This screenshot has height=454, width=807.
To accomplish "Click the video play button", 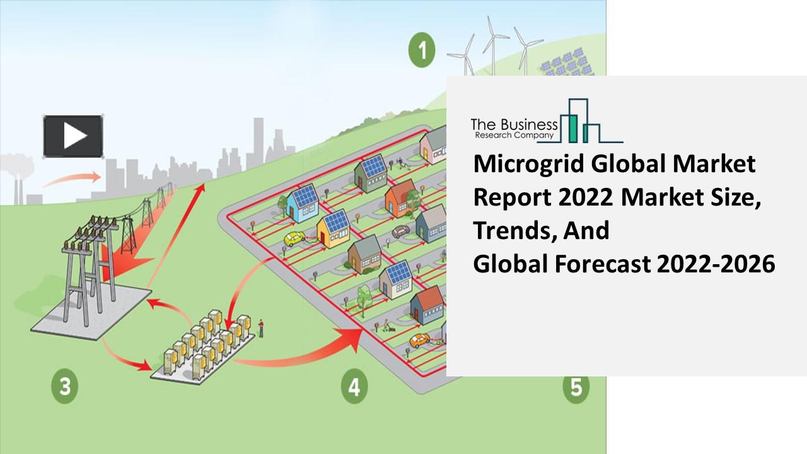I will click(73, 136).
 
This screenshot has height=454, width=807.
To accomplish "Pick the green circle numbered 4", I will click(354, 386).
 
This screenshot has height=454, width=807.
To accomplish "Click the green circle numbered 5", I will click(575, 386).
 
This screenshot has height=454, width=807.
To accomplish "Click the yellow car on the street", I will click(294, 239).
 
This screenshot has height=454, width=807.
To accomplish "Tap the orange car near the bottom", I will click(419, 340).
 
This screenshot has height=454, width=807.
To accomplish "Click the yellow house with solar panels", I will click(334, 228).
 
